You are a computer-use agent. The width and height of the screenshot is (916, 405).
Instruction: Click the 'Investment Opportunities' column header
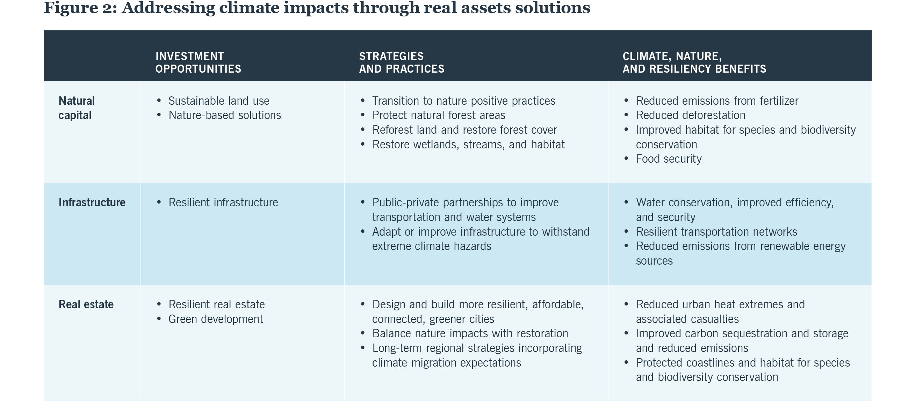(198, 62)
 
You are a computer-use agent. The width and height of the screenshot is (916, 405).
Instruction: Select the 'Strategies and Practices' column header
(402, 62)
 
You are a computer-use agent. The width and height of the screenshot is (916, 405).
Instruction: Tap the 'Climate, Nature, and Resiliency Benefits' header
(694, 62)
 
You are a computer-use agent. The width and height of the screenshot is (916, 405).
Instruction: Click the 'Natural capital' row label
(77, 108)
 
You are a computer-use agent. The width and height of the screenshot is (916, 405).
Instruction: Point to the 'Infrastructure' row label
(92, 202)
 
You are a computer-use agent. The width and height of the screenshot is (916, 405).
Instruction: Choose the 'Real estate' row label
(86, 304)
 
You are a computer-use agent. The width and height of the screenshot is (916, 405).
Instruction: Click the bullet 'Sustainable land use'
(219, 101)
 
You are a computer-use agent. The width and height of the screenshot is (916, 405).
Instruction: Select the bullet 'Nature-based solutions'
(224, 115)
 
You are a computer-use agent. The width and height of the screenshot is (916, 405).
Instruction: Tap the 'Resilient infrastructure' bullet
(223, 202)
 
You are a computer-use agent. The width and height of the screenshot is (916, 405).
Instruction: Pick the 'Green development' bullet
(216, 319)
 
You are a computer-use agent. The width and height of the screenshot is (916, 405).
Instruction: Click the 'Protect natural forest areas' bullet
(439, 115)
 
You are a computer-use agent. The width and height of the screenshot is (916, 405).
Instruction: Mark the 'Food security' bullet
(669, 159)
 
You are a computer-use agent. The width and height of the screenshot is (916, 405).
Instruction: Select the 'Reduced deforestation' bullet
(691, 115)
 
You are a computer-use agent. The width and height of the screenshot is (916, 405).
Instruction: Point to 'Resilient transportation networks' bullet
(716, 231)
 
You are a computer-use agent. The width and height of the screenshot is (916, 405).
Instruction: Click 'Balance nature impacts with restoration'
(470, 333)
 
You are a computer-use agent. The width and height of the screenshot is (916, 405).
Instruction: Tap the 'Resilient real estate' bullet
(217, 304)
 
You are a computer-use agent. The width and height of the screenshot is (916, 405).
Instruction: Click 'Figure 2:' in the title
(80, 8)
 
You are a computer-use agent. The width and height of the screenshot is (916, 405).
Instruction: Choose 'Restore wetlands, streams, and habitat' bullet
(468, 145)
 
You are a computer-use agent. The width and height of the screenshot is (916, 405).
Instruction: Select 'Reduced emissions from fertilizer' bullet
(717, 101)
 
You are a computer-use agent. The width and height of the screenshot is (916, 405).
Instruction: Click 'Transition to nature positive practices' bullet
(463, 101)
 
